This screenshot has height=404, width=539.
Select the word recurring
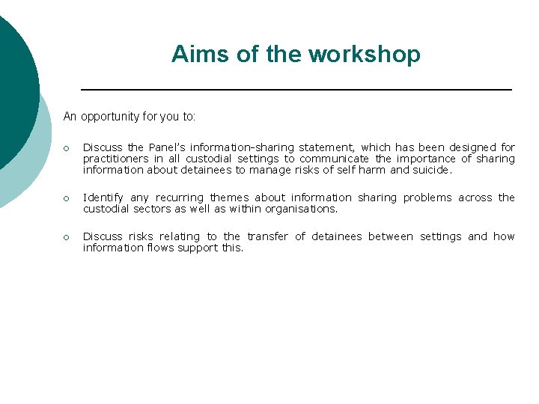[179, 198]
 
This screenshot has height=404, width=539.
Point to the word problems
[427, 198]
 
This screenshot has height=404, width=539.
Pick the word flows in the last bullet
[156, 248]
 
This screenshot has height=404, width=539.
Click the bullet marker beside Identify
[67, 198]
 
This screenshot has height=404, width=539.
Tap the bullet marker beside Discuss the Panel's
[67, 148]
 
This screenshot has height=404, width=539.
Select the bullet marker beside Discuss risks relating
[67, 237]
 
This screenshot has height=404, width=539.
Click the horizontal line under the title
[296, 90]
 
